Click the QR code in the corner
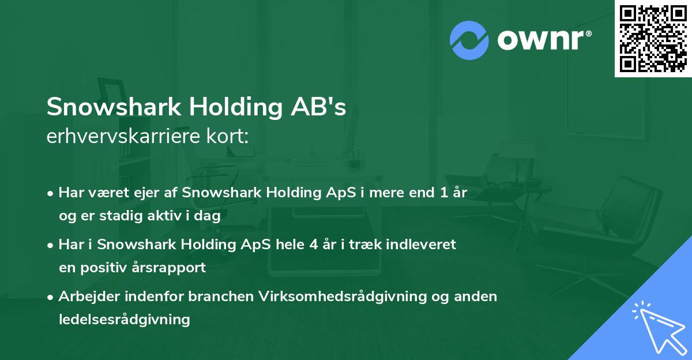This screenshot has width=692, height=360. coord(653,38)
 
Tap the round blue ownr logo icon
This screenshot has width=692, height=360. coord(469,40)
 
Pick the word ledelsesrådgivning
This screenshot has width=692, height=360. coord(124,319)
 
